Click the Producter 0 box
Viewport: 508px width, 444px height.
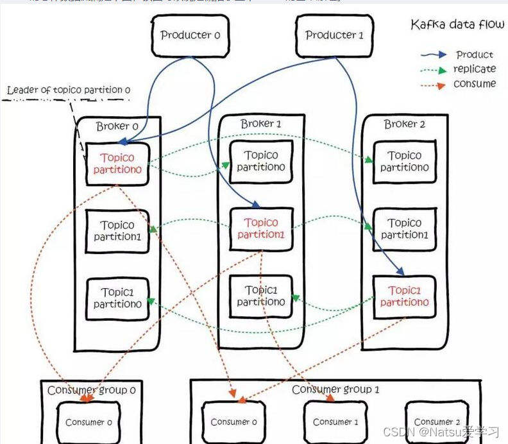click(189, 35)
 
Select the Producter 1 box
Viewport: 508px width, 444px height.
click(334, 35)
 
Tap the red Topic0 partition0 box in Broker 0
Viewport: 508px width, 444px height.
click(117, 163)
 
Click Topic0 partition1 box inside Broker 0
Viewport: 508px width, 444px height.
click(117, 231)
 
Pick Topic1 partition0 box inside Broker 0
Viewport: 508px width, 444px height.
click(117, 298)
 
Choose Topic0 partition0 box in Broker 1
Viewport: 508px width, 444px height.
click(261, 161)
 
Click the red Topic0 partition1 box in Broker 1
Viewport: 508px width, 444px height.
click(261, 228)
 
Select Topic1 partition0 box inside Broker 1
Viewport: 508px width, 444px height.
click(261, 296)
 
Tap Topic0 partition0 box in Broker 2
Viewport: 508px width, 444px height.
click(405, 161)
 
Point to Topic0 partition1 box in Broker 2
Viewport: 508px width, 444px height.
click(405, 229)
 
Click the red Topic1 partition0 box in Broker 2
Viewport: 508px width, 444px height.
click(405, 296)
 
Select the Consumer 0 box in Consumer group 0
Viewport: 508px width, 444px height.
click(89, 422)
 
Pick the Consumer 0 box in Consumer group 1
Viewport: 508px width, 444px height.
click(234, 422)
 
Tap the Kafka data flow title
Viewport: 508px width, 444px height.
click(457, 25)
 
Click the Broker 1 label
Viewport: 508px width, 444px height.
click(261, 123)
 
